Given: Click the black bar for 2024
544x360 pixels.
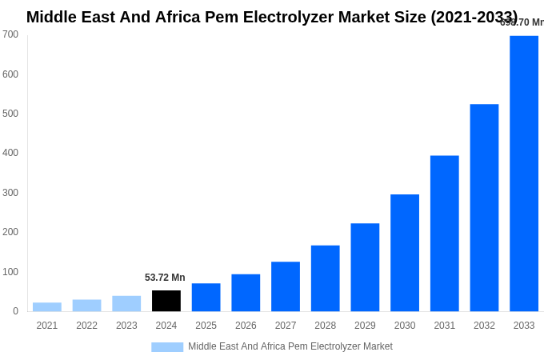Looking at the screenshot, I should (x=166, y=301).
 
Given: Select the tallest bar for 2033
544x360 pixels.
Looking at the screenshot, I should (x=524, y=174).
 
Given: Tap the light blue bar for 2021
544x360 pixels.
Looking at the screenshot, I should (x=47, y=307).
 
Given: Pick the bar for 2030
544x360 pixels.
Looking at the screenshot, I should (x=405, y=253).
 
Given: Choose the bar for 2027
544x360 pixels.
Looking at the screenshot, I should (x=286, y=286).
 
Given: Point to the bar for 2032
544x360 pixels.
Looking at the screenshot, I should (x=484, y=208).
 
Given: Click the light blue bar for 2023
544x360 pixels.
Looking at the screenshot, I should (x=126, y=304).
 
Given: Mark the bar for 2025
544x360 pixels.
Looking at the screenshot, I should (x=206, y=298).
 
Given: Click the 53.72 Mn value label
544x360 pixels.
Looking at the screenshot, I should (x=165, y=278).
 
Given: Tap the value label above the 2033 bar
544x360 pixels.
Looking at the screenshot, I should (x=522, y=22).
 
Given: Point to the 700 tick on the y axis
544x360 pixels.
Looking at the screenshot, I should (x=10, y=34).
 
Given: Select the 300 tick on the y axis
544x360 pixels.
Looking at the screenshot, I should (x=10, y=193).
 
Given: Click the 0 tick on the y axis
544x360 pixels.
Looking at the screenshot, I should (x=15, y=311).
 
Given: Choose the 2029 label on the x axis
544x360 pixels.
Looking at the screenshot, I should (x=365, y=326).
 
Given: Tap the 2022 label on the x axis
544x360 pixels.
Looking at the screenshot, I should (x=86, y=326).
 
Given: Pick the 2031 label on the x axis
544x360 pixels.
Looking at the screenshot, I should (x=444, y=326).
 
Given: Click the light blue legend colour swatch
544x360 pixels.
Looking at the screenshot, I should (x=167, y=347).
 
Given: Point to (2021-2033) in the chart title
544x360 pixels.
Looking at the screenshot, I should (x=474, y=17).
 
